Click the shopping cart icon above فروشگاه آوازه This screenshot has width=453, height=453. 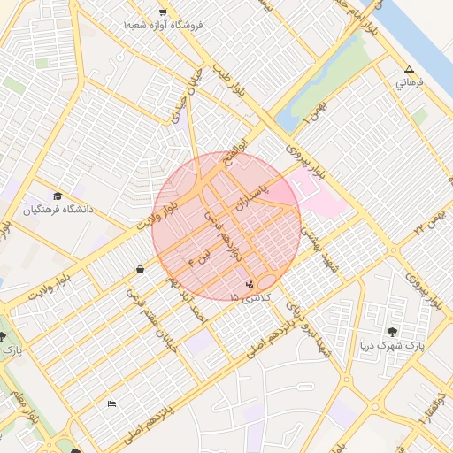click(x=163, y=12)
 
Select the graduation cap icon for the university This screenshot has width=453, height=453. click(x=58, y=196)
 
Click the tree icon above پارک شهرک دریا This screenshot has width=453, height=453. click(x=392, y=332)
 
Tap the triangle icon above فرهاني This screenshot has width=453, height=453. click(x=409, y=70)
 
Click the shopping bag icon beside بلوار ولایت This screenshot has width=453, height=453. click(x=140, y=269)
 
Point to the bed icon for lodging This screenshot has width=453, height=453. click(x=111, y=404)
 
